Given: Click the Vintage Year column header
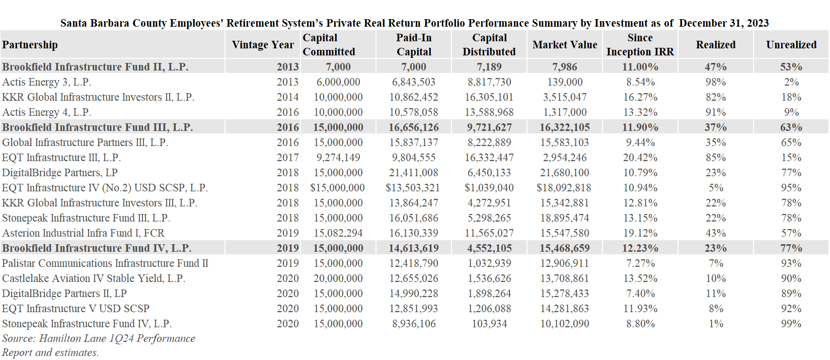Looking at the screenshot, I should pyautogui.click(x=263, y=45).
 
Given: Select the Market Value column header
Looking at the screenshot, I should pyautogui.click(x=565, y=45).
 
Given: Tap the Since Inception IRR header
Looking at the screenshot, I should pyautogui.click(x=640, y=45).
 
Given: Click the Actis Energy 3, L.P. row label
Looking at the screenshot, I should pyautogui.click(x=47, y=82).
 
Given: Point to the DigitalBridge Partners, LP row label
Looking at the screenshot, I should pyautogui.click(x=60, y=173).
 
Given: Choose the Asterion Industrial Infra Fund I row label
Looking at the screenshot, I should pyautogui.click(x=84, y=233).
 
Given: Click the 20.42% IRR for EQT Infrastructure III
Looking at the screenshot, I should pyautogui.click(x=640, y=158).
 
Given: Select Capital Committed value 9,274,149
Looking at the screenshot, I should pyautogui.click(x=338, y=158).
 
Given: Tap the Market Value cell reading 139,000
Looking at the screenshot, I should pyautogui.click(x=565, y=82).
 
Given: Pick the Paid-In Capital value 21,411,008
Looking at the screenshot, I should pyautogui.click(x=414, y=173).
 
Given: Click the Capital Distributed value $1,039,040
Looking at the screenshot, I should pyautogui.click(x=489, y=188).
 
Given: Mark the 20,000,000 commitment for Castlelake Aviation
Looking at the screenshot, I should pyautogui.click(x=338, y=278).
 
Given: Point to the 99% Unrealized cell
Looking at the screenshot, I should pyautogui.click(x=791, y=324).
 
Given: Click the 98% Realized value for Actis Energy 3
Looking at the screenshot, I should pyautogui.click(x=715, y=82).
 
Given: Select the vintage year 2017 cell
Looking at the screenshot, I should pyautogui.click(x=287, y=158).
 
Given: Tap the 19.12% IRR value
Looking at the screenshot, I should pyautogui.click(x=640, y=233).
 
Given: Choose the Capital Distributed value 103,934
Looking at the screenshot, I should pyautogui.click(x=489, y=324).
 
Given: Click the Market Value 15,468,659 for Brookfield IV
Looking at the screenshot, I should pyautogui.click(x=565, y=248).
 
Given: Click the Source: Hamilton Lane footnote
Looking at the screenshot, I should pyautogui.click(x=99, y=345).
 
